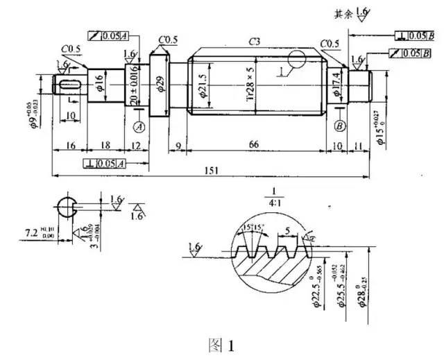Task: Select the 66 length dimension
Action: tap(255, 144)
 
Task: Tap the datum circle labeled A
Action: tap(138, 127)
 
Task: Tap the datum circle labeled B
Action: tap(340, 126)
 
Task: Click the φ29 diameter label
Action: tap(161, 86)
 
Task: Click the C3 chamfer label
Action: tap(256, 42)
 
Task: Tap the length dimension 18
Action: tap(103, 144)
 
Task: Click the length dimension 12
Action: tap(135, 144)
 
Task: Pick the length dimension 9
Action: tap(178, 144)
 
